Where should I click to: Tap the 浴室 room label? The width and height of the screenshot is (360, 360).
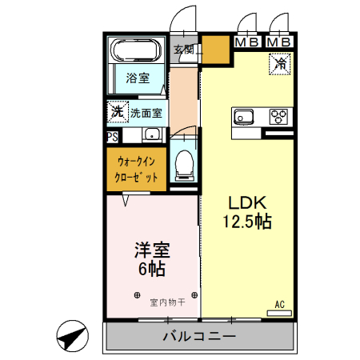[x=137, y=78]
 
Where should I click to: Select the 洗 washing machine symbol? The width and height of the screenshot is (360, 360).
[x=117, y=112]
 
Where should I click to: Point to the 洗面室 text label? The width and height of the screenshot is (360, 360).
[x=146, y=113]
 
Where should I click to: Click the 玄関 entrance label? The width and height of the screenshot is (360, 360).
[x=184, y=50]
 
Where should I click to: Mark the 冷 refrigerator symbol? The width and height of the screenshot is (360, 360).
[x=281, y=62]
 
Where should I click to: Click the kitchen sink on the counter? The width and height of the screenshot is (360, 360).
[x=244, y=118]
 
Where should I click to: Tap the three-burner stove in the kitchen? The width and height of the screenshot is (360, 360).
[x=280, y=117]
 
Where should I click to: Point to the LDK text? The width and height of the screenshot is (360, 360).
[x=247, y=203]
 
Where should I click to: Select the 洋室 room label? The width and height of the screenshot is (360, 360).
[x=150, y=249]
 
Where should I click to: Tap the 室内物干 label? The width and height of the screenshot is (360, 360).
[x=167, y=302]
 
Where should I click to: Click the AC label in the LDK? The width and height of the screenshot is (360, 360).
[x=280, y=305]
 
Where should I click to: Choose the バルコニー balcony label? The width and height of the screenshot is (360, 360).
[x=199, y=336]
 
